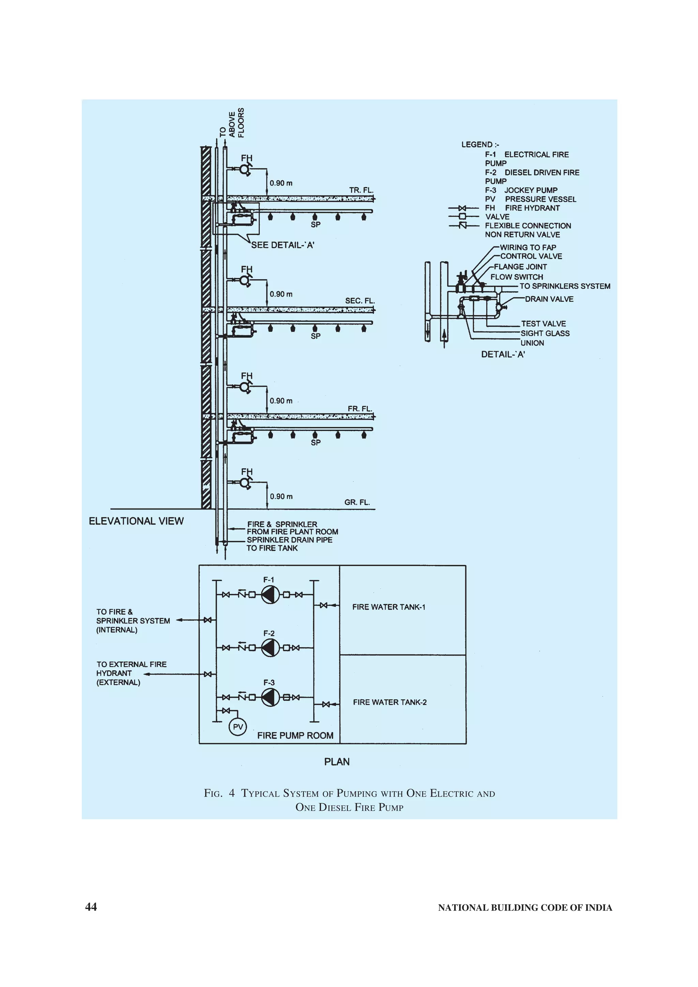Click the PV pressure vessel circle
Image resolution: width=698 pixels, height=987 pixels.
point(238,727)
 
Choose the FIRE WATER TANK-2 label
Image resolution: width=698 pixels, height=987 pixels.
point(390,702)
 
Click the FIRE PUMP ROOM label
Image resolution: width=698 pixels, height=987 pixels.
point(295,736)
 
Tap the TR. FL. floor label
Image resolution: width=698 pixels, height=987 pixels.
point(361,190)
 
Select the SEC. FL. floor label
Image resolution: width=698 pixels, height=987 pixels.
point(360,300)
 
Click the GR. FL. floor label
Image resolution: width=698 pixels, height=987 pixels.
point(357,502)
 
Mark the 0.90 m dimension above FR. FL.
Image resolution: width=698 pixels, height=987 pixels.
point(281,401)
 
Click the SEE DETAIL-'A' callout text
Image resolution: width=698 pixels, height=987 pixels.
point(283,245)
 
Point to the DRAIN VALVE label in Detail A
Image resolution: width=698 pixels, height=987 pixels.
point(549,299)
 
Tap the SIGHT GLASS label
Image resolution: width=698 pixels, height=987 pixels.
point(545,333)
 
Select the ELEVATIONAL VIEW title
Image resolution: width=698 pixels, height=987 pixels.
point(136,521)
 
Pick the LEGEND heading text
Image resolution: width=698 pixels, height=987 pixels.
point(480,144)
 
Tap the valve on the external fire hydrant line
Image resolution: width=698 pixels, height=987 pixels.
point(208,674)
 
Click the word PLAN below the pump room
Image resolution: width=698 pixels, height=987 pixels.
point(337,762)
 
